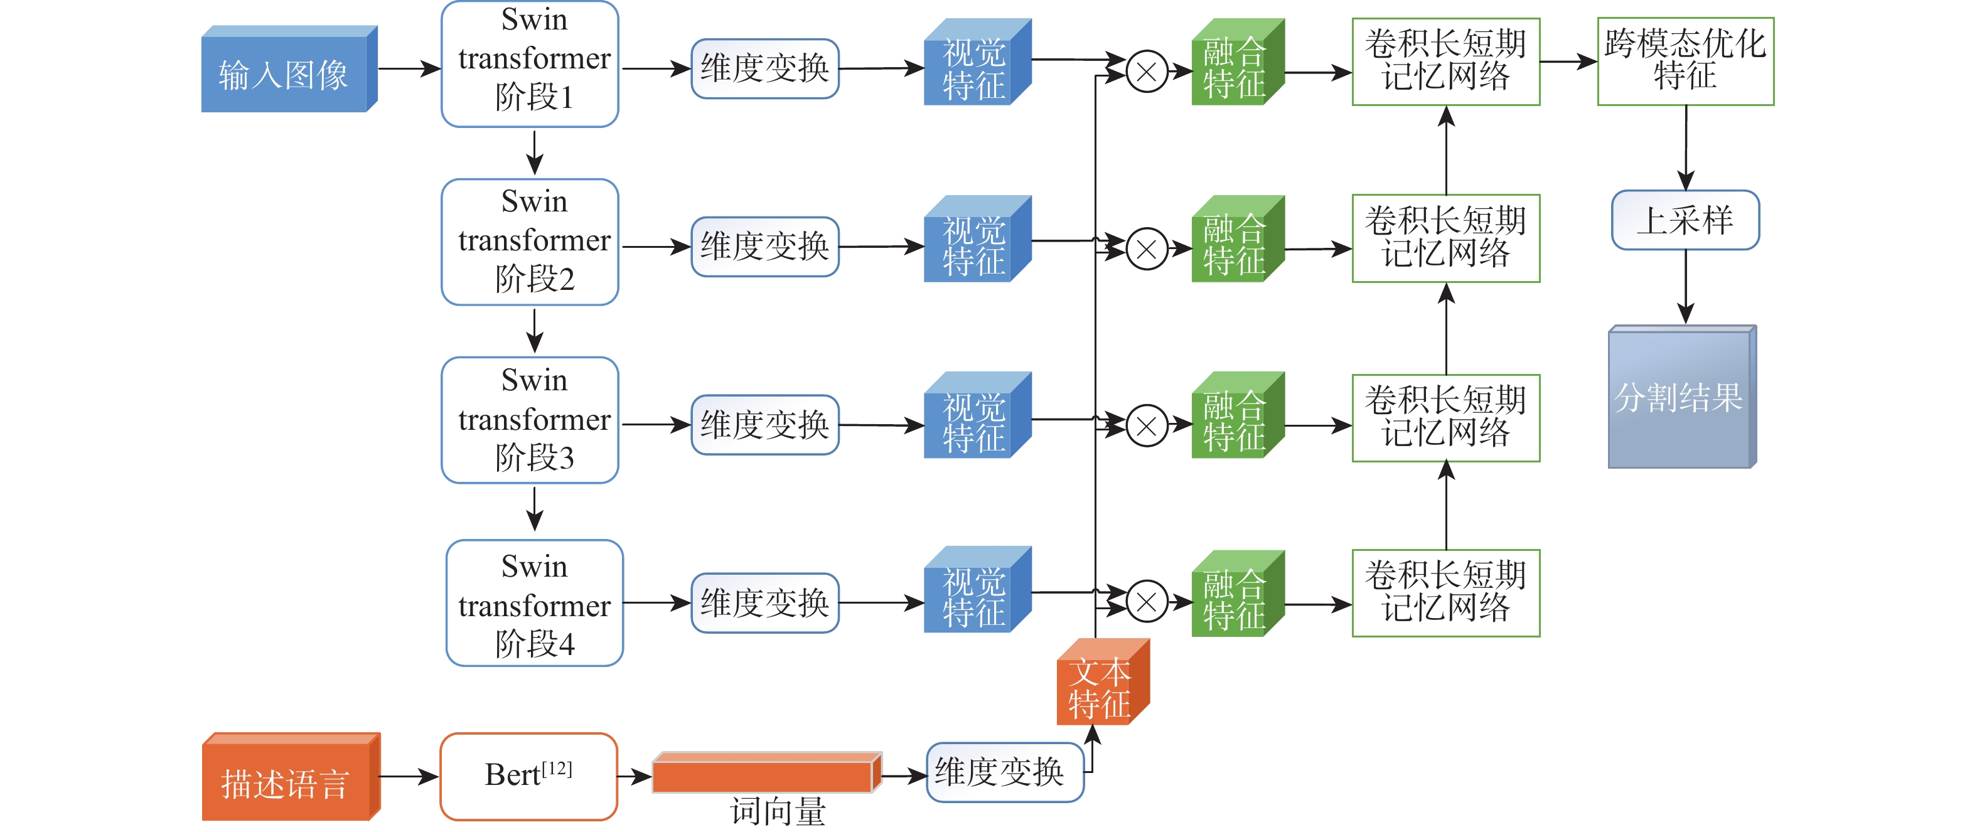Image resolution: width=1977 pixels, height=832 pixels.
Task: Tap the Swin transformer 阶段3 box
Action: tap(530, 420)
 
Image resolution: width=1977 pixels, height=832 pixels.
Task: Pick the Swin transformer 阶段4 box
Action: tap(534, 603)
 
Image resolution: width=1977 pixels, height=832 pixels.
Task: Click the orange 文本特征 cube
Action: tap(1102, 683)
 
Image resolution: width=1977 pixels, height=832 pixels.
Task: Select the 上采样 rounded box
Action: tap(1685, 220)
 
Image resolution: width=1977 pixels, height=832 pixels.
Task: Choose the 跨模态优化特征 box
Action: tap(1685, 61)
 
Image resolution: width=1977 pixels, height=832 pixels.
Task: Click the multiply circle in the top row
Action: tap(1147, 72)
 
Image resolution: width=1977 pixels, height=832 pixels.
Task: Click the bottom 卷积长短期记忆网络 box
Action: tap(1446, 592)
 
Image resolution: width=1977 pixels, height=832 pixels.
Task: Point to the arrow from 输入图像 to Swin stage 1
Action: tap(409, 69)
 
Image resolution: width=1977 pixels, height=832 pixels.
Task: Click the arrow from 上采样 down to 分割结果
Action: tap(1685, 286)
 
